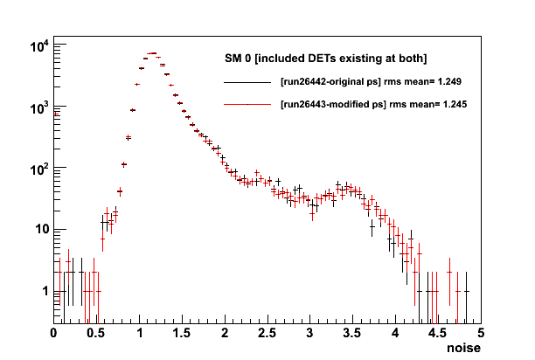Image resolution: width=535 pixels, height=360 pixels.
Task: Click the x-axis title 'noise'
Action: [463, 348]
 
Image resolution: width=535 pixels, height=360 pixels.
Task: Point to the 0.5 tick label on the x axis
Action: [95, 333]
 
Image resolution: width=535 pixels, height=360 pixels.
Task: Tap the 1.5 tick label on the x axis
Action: [182, 333]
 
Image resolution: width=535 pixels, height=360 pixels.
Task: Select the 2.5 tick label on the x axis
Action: [267, 333]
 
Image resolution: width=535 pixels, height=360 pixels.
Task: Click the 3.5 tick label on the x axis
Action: [352, 333]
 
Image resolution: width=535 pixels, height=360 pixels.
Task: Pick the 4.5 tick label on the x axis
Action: [437, 333]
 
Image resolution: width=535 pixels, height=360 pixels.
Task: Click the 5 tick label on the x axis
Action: [481, 333]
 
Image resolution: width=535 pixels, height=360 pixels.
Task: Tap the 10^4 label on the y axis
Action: [40, 46]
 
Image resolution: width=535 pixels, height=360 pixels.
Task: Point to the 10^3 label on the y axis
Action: [40, 108]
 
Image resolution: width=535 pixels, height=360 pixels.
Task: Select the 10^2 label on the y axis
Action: [40, 170]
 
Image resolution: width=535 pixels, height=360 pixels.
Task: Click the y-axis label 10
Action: [42, 229]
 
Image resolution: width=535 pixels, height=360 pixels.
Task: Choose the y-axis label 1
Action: [45, 291]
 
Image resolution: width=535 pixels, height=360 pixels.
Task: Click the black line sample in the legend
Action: [247, 82]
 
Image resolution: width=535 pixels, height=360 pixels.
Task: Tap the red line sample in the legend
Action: [247, 104]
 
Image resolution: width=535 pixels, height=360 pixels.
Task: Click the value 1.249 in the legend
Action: [449, 82]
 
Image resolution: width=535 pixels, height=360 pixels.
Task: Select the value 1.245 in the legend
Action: [455, 104]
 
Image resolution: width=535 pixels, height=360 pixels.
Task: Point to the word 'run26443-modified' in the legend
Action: [328, 104]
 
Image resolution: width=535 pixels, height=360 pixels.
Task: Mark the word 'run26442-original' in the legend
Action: [325, 82]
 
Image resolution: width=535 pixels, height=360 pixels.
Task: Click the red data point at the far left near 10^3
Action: [56, 114]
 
